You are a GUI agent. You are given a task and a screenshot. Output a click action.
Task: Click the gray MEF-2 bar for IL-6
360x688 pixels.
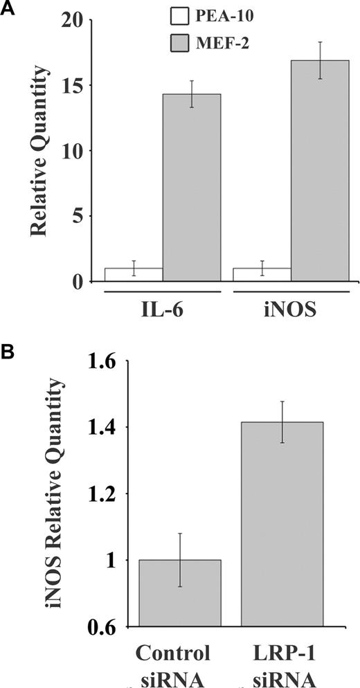coord(192,188)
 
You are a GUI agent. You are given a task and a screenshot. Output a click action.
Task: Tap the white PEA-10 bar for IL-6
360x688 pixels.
coord(134,274)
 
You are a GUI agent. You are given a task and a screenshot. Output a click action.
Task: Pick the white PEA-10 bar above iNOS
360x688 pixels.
coord(262,274)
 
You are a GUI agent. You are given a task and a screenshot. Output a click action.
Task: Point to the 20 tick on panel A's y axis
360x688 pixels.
coord(76,21)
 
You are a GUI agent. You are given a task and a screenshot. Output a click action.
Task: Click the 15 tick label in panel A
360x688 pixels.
coord(76,87)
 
